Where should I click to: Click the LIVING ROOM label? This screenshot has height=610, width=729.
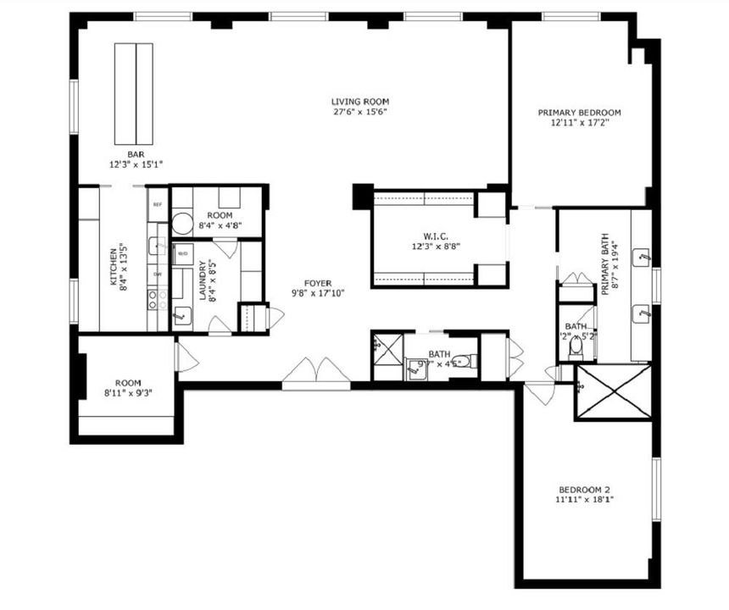point(359,102)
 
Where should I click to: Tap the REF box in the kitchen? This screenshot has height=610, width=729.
point(157,204)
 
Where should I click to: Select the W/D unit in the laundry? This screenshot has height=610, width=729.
point(182,252)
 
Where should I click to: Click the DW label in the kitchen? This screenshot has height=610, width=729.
point(158,274)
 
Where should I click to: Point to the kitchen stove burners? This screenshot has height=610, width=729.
point(157,297)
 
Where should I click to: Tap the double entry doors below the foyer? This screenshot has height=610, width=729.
point(316,373)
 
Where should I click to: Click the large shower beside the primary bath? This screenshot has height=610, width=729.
point(614,391)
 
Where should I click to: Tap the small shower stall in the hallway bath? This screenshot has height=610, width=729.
point(387,352)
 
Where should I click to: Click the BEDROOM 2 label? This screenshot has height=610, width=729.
point(584,489)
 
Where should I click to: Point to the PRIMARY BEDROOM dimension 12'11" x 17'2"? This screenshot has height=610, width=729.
point(580,123)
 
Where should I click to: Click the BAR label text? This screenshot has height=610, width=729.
point(134,153)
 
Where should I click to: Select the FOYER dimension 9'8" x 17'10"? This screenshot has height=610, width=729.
point(319,294)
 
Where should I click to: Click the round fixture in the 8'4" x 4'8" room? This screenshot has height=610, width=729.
point(181,225)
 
